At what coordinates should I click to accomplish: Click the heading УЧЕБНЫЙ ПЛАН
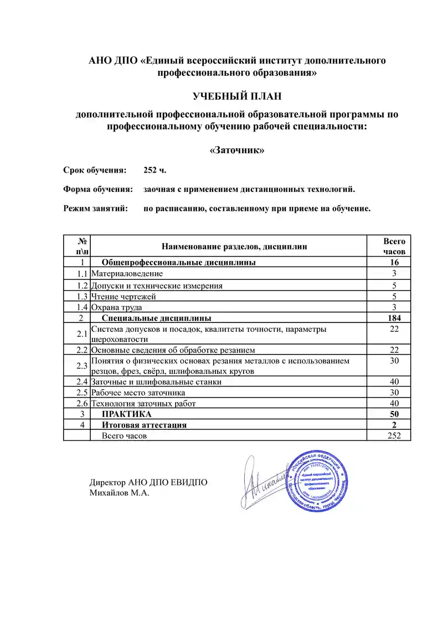pos(237,97)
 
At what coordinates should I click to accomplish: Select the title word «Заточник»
pos(237,150)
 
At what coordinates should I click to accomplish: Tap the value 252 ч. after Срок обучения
pos(154,170)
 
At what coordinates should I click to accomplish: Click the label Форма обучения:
pos(98,189)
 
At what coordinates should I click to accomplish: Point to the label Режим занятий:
pos(95,209)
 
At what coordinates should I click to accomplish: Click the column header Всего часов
pos(394,246)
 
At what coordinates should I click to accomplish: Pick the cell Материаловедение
pos(127,273)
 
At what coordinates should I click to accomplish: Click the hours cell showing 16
pos(394,263)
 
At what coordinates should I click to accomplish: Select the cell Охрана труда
pos(116,307)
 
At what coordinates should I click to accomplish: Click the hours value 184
pos(394,318)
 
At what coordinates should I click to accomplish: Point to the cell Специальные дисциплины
pos(156,318)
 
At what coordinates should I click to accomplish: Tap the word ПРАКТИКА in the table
pos(126,414)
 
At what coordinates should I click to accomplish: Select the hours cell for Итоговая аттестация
pos(394,425)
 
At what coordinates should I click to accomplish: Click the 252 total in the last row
pos(394,436)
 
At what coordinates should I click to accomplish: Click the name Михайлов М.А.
pos(120,492)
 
